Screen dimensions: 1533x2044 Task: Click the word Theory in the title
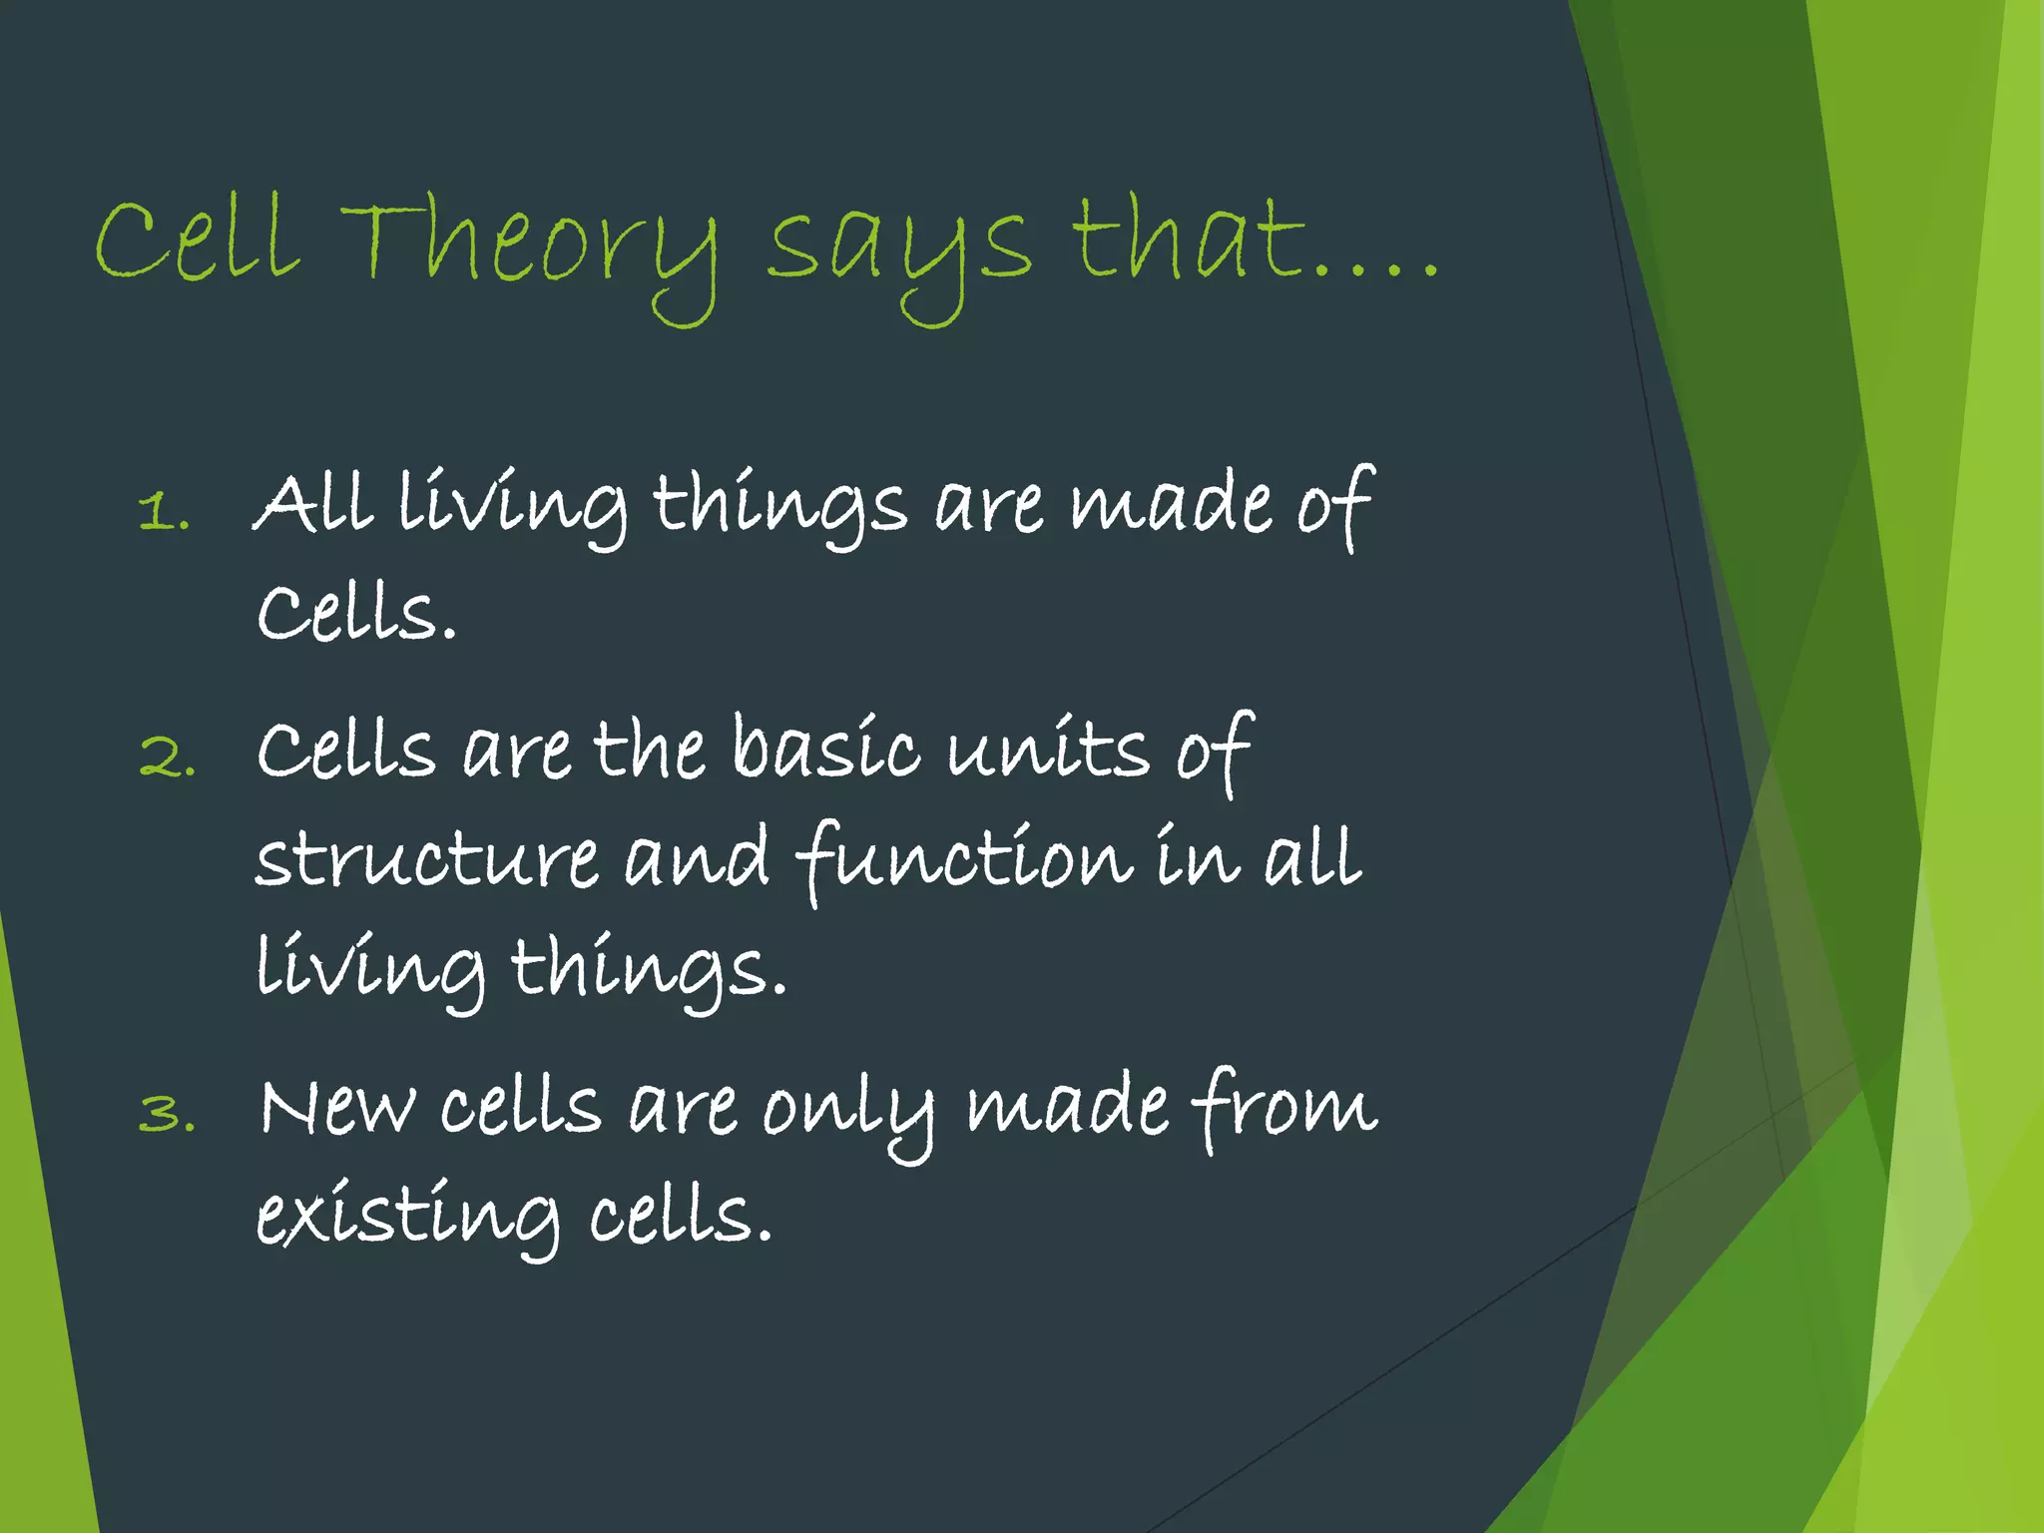pos(529,245)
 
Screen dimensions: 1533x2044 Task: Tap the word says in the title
pos(898,250)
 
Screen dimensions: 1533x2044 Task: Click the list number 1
pos(163,513)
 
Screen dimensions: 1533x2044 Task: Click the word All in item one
pos(313,503)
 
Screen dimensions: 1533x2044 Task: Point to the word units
pos(1049,749)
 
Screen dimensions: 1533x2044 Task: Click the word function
pos(964,858)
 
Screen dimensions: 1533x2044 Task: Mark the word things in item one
pos(779,505)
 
